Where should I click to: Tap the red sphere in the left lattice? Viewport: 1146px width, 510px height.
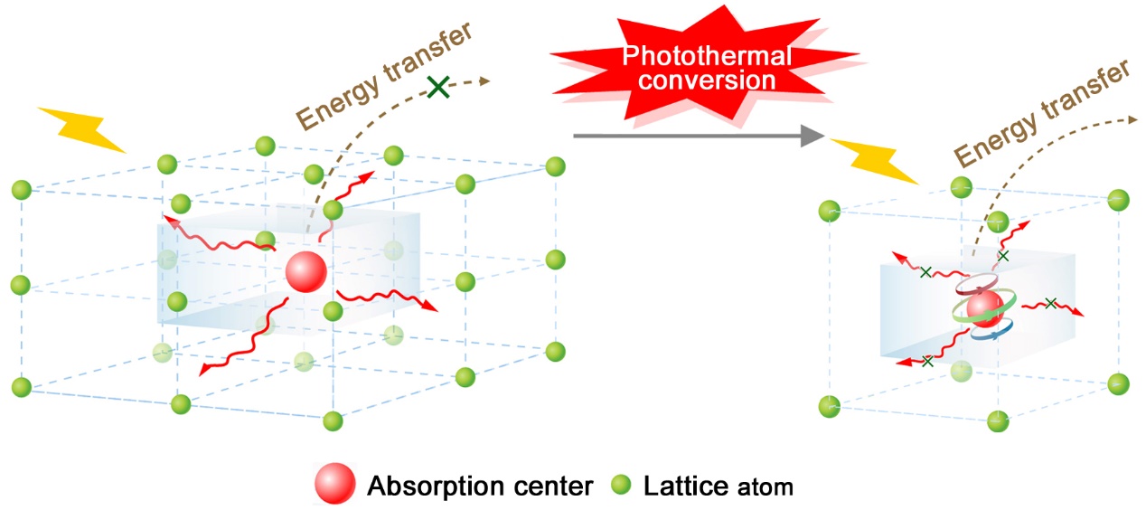305,271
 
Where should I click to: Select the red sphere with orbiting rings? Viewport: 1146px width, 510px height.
983,308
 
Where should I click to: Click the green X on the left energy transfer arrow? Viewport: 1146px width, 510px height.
438,87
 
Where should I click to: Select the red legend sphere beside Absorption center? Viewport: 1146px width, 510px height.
335,486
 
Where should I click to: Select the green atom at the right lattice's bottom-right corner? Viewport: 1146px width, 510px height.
1119,382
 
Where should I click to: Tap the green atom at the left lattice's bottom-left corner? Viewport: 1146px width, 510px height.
23,387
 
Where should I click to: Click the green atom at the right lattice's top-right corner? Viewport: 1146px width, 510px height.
1118,199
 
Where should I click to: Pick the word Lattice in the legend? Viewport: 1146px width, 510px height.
685,486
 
